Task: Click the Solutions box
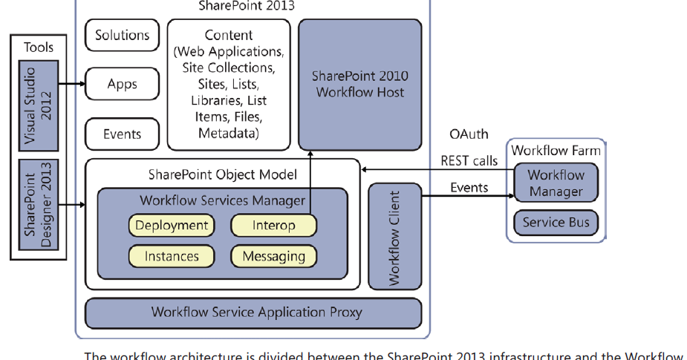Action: (122, 35)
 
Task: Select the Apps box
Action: (122, 84)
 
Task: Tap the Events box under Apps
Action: (122, 134)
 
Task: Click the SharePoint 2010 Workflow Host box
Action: (359, 84)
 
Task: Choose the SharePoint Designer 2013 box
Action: (39, 204)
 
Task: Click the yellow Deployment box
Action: (172, 226)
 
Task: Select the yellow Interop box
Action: (273, 226)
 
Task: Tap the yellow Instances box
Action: (172, 256)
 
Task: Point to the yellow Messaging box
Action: (273, 256)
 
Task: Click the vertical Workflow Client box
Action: (394, 238)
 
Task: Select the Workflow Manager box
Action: (556, 183)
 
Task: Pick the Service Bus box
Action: (556, 223)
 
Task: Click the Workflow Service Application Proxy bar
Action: (253, 312)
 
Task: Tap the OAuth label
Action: (469, 134)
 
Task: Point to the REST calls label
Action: (469, 160)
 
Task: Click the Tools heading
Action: (39, 47)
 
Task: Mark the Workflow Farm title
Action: (556, 150)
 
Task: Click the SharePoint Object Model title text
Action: (222, 174)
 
